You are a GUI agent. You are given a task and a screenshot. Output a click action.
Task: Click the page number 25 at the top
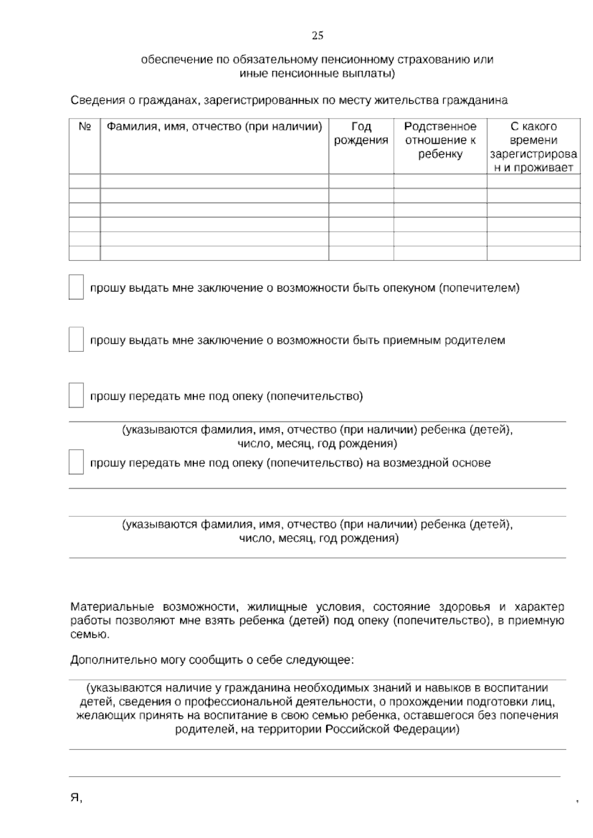coord(317,36)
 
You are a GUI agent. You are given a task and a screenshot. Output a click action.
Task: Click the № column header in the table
coord(85,127)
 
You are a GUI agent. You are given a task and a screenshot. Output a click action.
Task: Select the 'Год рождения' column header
coord(361,133)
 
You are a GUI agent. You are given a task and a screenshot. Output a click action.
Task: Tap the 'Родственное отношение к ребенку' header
coord(440,140)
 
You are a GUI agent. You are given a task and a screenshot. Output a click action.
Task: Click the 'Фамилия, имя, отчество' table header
coord(214,127)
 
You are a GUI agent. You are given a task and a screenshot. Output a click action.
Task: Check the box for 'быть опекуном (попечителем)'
coord(76,288)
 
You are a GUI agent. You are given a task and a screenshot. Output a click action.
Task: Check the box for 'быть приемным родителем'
coord(76,340)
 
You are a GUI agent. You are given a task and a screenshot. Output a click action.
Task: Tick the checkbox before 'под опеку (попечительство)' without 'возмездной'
coord(76,396)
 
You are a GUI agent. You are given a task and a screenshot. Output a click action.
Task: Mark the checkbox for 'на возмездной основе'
coord(76,462)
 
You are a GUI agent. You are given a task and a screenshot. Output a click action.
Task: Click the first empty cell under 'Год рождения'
coord(361,181)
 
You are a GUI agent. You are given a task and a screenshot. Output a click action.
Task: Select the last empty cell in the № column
coord(85,253)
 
